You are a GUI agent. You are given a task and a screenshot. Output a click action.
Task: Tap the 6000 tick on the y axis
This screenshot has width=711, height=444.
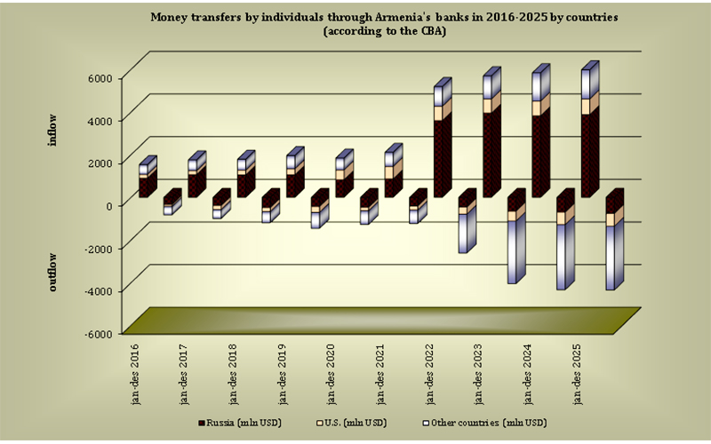pyautogui.click(x=100, y=77)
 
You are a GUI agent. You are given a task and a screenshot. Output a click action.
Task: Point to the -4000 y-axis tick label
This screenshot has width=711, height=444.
pyautogui.click(x=98, y=290)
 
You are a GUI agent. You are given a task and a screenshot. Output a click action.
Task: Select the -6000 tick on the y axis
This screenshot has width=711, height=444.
pyautogui.click(x=98, y=333)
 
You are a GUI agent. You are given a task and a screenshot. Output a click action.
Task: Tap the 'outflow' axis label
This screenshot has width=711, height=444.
pyautogui.click(x=53, y=272)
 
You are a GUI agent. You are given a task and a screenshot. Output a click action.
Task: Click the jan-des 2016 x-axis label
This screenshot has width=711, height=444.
pyautogui.click(x=136, y=373)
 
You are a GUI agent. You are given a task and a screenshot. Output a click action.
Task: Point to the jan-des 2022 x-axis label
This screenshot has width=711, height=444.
pyautogui.click(x=431, y=373)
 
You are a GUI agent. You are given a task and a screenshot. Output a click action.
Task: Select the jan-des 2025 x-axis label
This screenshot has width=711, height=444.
pyautogui.click(x=579, y=373)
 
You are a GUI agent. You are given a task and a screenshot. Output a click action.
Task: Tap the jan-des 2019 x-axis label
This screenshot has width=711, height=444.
pyautogui.click(x=284, y=373)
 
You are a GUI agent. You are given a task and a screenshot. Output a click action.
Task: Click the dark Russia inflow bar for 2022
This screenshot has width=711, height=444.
pyautogui.click(x=442, y=156)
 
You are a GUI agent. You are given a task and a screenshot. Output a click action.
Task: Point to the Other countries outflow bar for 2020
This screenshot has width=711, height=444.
pyautogui.click(x=318, y=218)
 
